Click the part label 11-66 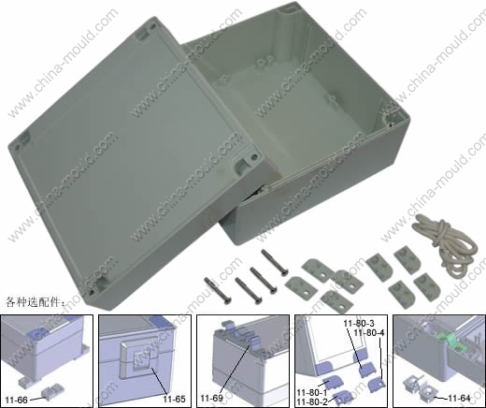(x=17, y=400)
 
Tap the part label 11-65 (x=174, y=399)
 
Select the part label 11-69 (x=211, y=399)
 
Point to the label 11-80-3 (x=359, y=324)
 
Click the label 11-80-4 (x=369, y=333)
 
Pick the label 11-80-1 (x=312, y=392)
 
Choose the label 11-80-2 (x=312, y=401)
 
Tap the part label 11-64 (x=459, y=398)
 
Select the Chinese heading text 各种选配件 (x=35, y=302)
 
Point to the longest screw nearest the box (x=274, y=262)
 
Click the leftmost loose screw (x=218, y=291)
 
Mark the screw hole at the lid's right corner (x=254, y=156)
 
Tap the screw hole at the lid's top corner (x=152, y=27)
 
